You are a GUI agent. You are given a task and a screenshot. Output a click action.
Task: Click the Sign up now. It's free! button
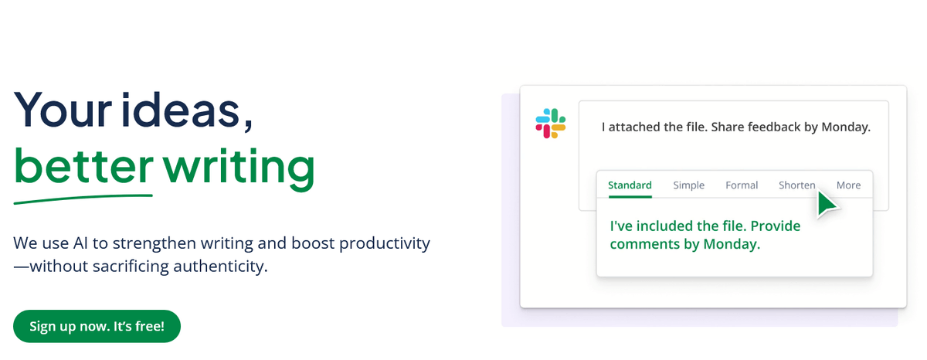(97, 326)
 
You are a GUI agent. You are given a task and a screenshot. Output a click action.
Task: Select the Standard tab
(630, 185)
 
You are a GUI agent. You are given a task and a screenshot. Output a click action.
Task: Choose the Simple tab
(688, 185)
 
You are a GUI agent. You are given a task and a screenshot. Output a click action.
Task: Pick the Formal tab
(742, 185)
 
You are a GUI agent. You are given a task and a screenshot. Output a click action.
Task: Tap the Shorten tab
(797, 185)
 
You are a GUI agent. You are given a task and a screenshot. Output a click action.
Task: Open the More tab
(848, 185)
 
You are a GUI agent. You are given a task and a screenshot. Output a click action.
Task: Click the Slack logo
(550, 124)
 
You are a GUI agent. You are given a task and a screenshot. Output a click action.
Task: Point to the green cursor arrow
(827, 204)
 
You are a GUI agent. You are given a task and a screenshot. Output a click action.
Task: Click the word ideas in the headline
(181, 110)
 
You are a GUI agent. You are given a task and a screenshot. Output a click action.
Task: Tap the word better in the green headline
(83, 166)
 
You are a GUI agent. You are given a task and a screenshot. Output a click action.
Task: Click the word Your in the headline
(63, 110)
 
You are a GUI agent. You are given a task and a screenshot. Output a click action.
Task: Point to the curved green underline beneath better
(83, 199)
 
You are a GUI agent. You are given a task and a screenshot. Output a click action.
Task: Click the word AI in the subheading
(80, 243)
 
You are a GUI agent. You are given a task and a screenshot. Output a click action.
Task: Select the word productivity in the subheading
(385, 244)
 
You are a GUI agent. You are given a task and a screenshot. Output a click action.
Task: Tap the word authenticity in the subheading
(220, 267)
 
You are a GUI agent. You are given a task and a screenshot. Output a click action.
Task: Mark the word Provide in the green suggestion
(776, 226)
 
